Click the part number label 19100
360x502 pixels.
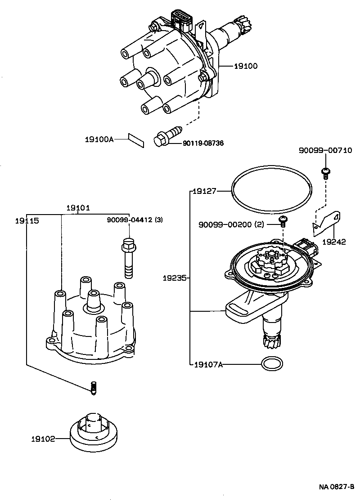click(x=246, y=66)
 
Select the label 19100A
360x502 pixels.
click(x=99, y=139)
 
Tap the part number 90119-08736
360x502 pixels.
click(x=203, y=143)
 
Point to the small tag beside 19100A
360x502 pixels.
click(x=136, y=140)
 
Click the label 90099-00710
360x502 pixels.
click(x=325, y=150)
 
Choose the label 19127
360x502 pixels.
click(x=205, y=191)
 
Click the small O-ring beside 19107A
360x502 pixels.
click(x=271, y=364)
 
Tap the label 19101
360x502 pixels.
click(x=78, y=208)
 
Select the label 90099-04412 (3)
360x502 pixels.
click(x=135, y=220)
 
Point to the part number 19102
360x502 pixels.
click(x=43, y=438)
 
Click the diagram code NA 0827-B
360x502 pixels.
click(x=337, y=487)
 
